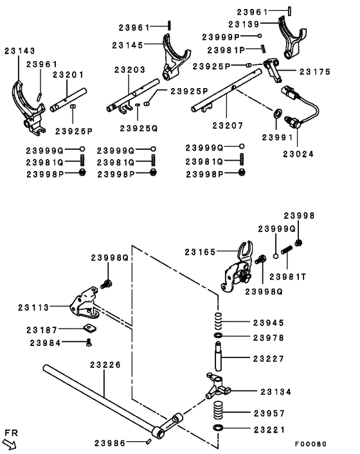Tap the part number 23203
click(130, 69)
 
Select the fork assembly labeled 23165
click(237, 264)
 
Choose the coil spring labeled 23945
click(219, 320)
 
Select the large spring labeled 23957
click(219, 410)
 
